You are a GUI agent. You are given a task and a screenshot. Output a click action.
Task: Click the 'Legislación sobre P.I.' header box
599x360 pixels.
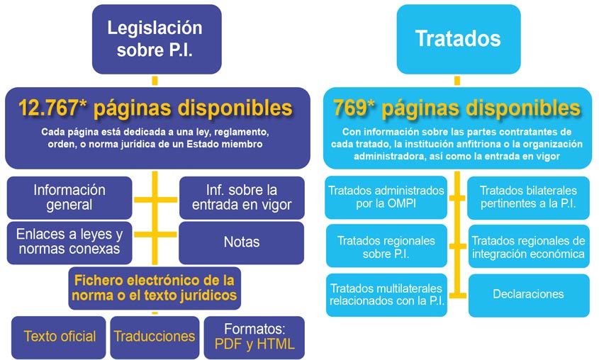157,39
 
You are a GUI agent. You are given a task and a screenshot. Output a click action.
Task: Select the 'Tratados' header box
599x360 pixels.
459,39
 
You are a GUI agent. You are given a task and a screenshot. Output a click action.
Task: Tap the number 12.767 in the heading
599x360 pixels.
48,108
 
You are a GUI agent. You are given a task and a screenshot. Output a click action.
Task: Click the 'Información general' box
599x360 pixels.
69,198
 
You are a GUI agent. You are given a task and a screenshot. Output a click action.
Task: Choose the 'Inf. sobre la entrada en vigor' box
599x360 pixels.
242,198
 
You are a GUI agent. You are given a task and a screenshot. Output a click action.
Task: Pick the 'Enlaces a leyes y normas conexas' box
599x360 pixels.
69,242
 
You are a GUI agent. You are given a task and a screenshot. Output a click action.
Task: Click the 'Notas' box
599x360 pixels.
242,242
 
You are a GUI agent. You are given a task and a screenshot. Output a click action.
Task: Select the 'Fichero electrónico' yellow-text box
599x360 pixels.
155,288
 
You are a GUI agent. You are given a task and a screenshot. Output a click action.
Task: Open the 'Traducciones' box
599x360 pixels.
155,337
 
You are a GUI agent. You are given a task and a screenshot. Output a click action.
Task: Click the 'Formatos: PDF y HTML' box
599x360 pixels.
254,337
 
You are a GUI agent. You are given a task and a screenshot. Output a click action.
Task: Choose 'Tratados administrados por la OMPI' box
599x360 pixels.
386,198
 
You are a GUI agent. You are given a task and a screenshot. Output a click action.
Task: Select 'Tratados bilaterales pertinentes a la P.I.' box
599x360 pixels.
528,198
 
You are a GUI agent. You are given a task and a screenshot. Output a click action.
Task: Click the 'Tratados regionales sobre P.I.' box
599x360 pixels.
386,246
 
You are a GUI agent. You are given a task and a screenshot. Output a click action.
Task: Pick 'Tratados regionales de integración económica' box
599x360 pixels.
529,246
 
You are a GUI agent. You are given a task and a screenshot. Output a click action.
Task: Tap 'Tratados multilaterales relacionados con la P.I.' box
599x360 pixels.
386,295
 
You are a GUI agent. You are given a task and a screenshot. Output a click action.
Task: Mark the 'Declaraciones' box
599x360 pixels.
529,295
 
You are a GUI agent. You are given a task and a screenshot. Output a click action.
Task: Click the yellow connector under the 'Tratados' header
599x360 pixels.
457,81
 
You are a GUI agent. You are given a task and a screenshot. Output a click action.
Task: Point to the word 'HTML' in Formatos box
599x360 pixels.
276,344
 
